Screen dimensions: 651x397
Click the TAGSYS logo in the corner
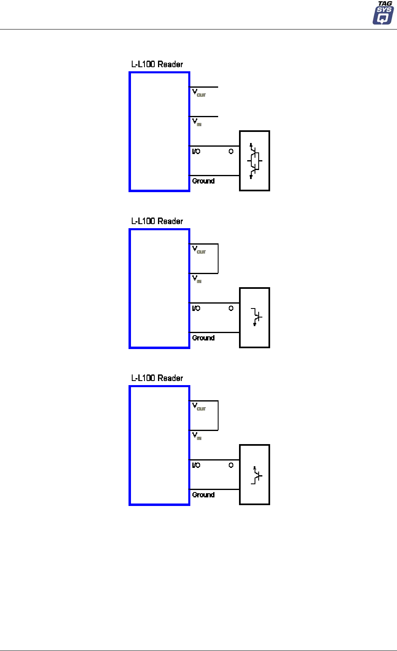pyautogui.click(x=383, y=13)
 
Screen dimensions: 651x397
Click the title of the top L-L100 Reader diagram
pyautogui.click(x=157, y=64)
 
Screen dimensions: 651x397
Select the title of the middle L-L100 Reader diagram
pyautogui.click(x=157, y=221)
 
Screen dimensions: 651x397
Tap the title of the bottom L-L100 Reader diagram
pyautogui.click(x=157, y=378)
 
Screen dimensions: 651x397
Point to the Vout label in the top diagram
pyautogui.click(x=198, y=93)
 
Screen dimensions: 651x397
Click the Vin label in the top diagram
pyautogui.click(x=197, y=122)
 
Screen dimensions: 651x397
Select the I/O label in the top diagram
pyautogui.click(x=196, y=152)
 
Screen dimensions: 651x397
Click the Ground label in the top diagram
pyautogui.click(x=203, y=181)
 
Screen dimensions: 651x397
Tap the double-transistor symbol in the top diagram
pyautogui.click(x=254, y=161)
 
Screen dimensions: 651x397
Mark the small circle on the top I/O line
pyautogui.click(x=231, y=152)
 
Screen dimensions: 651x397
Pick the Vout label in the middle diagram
pyautogui.click(x=198, y=250)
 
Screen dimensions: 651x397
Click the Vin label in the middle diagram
pyautogui.click(x=197, y=279)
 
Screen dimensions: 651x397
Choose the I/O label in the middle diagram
pyautogui.click(x=196, y=308)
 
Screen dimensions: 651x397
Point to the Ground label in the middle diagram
pyautogui.click(x=203, y=338)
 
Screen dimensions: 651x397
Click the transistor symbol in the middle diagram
pyautogui.click(x=256, y=317)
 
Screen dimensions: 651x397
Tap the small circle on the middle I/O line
pyautogui.click(x=231, y=308)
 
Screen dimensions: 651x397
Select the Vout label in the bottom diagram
pyautogui.click(x=198, y=406)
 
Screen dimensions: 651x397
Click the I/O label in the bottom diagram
pyautogui.click(x=196, y=465)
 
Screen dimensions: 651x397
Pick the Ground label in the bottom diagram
pyautogui.click(x=203, y=495)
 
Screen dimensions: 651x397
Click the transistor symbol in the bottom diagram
pyautogui.click(x=256, y=475)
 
